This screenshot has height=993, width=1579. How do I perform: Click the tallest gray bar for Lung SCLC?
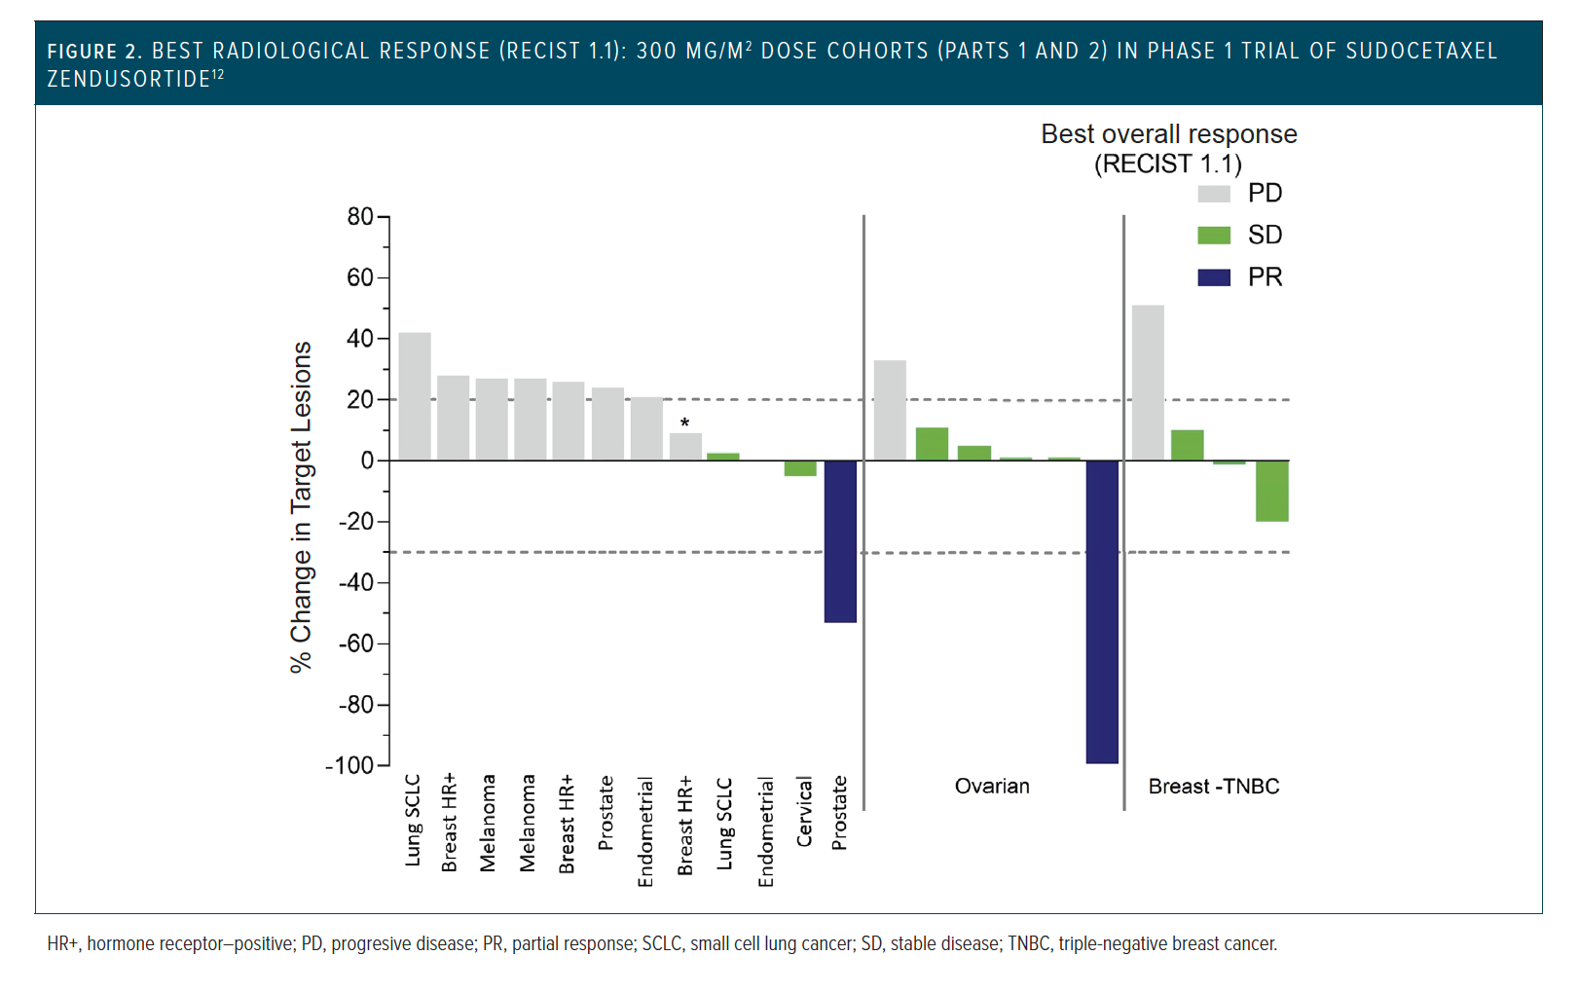415,396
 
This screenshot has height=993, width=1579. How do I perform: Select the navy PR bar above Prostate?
840,540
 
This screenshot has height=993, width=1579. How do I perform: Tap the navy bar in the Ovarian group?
1102,611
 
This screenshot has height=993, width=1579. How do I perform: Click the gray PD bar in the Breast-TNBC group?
1148,383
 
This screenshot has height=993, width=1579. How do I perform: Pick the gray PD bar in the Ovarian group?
890,410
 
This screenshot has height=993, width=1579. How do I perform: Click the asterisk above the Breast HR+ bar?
685,423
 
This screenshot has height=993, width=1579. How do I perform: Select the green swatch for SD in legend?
1214,236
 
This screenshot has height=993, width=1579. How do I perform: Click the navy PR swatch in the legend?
1214,277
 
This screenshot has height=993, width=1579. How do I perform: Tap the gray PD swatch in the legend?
1214,194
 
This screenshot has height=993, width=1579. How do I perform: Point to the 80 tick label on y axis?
360,216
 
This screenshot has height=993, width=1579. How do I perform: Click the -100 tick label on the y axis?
349,765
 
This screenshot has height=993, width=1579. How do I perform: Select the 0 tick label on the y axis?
367,460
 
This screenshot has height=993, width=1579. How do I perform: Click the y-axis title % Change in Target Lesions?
302,506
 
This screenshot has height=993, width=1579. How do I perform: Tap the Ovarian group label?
992,787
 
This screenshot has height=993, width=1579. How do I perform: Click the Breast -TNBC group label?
1214,787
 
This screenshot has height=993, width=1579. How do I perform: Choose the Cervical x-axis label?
804,812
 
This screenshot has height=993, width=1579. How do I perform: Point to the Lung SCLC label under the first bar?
413,820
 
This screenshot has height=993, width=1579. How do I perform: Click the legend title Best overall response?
1168,134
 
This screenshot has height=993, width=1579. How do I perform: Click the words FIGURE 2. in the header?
94,52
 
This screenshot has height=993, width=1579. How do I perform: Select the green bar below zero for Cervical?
800,468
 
